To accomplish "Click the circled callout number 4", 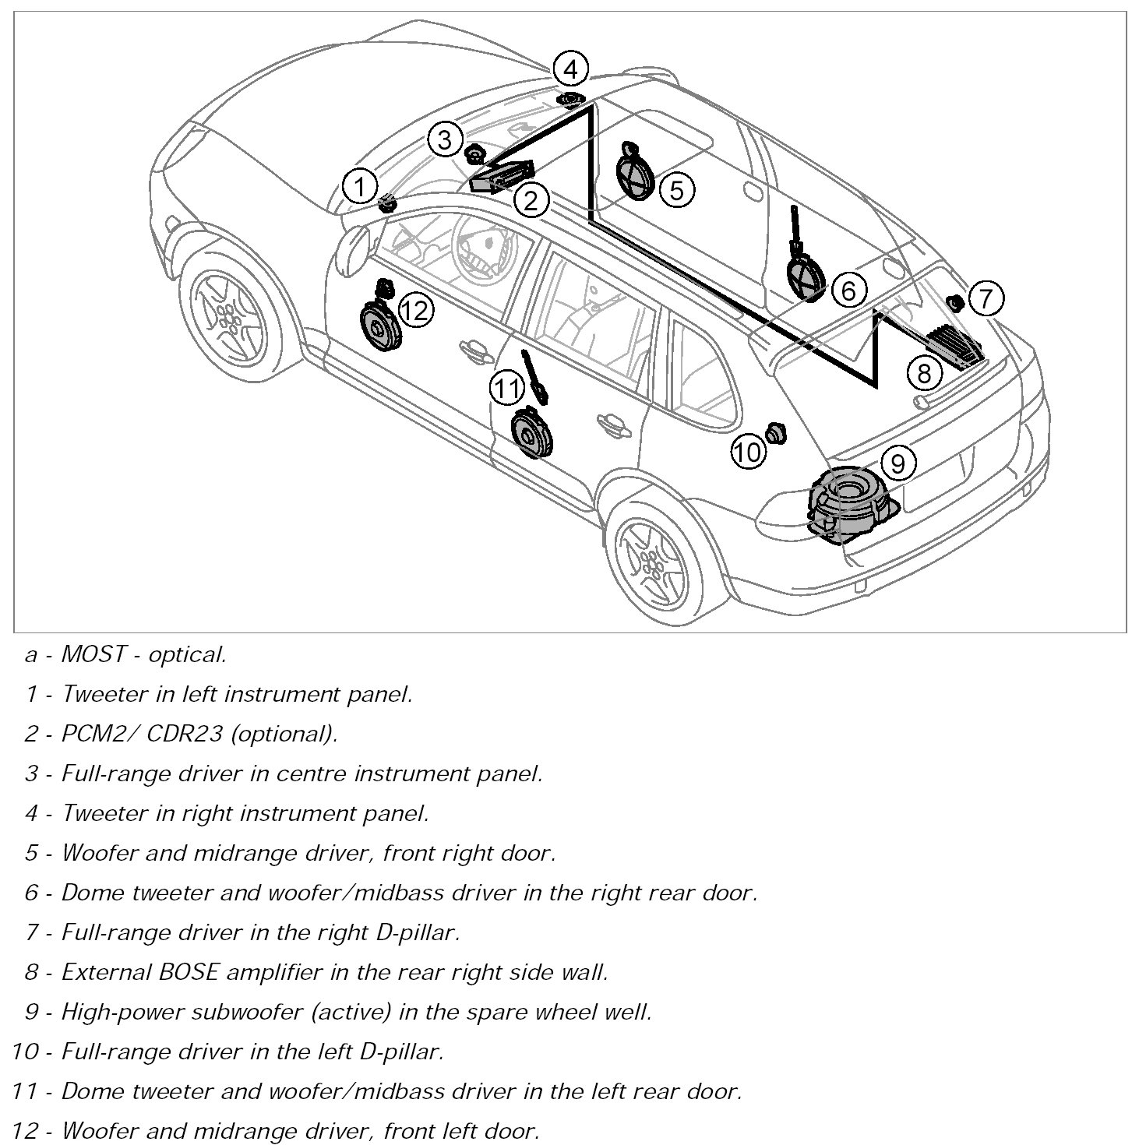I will tap(570, 69).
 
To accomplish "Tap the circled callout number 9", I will tap(897, 463).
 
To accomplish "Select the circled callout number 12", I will tap(415, 311).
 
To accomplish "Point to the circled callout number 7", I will tap(986, 298).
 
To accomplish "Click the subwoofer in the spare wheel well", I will tap(848, 502).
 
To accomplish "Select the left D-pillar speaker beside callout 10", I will tap(775, 433).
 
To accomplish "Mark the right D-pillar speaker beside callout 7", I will tap(954, 302).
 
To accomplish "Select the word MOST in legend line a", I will tap(93, 654).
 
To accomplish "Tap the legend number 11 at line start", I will tap(26, 1091).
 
